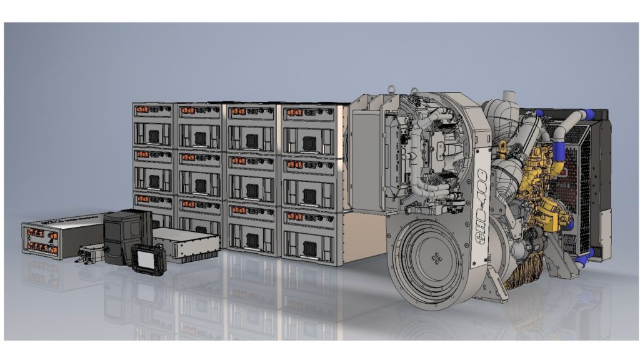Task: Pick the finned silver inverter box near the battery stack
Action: (186, 244)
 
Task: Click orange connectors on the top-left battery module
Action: (142, 109)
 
